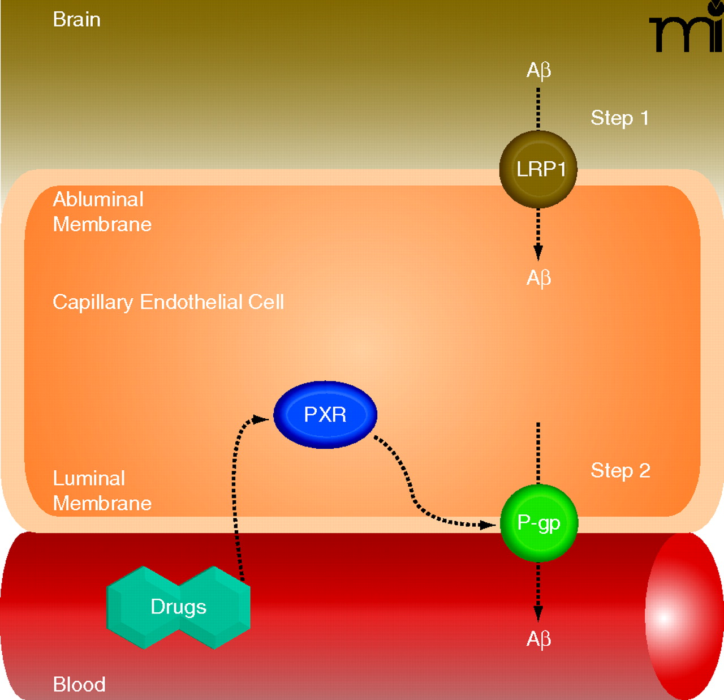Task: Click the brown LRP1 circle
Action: (x=538, y=169)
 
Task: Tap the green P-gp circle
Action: (x=538, y=523)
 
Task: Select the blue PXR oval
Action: (x=325, y=415)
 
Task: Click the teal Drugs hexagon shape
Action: (x=179, y=607)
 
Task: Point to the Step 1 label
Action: (x=619, y=118)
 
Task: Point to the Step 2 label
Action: (x=620, y=470)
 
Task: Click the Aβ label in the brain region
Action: (x=538, y=70)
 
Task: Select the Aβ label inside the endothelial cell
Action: (x=538, y=278)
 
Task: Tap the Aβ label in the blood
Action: (x=538, y=639)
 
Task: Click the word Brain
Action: (x=76, y=19)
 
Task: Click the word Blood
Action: (x=79, y=684)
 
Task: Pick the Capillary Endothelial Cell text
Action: (x=168, y=302)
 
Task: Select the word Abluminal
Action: (x=98, y=199)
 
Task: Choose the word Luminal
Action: (x=89, y=478)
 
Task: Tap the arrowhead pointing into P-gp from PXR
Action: (x=488, y=525)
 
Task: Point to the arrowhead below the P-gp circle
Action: (x=538, y=613)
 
